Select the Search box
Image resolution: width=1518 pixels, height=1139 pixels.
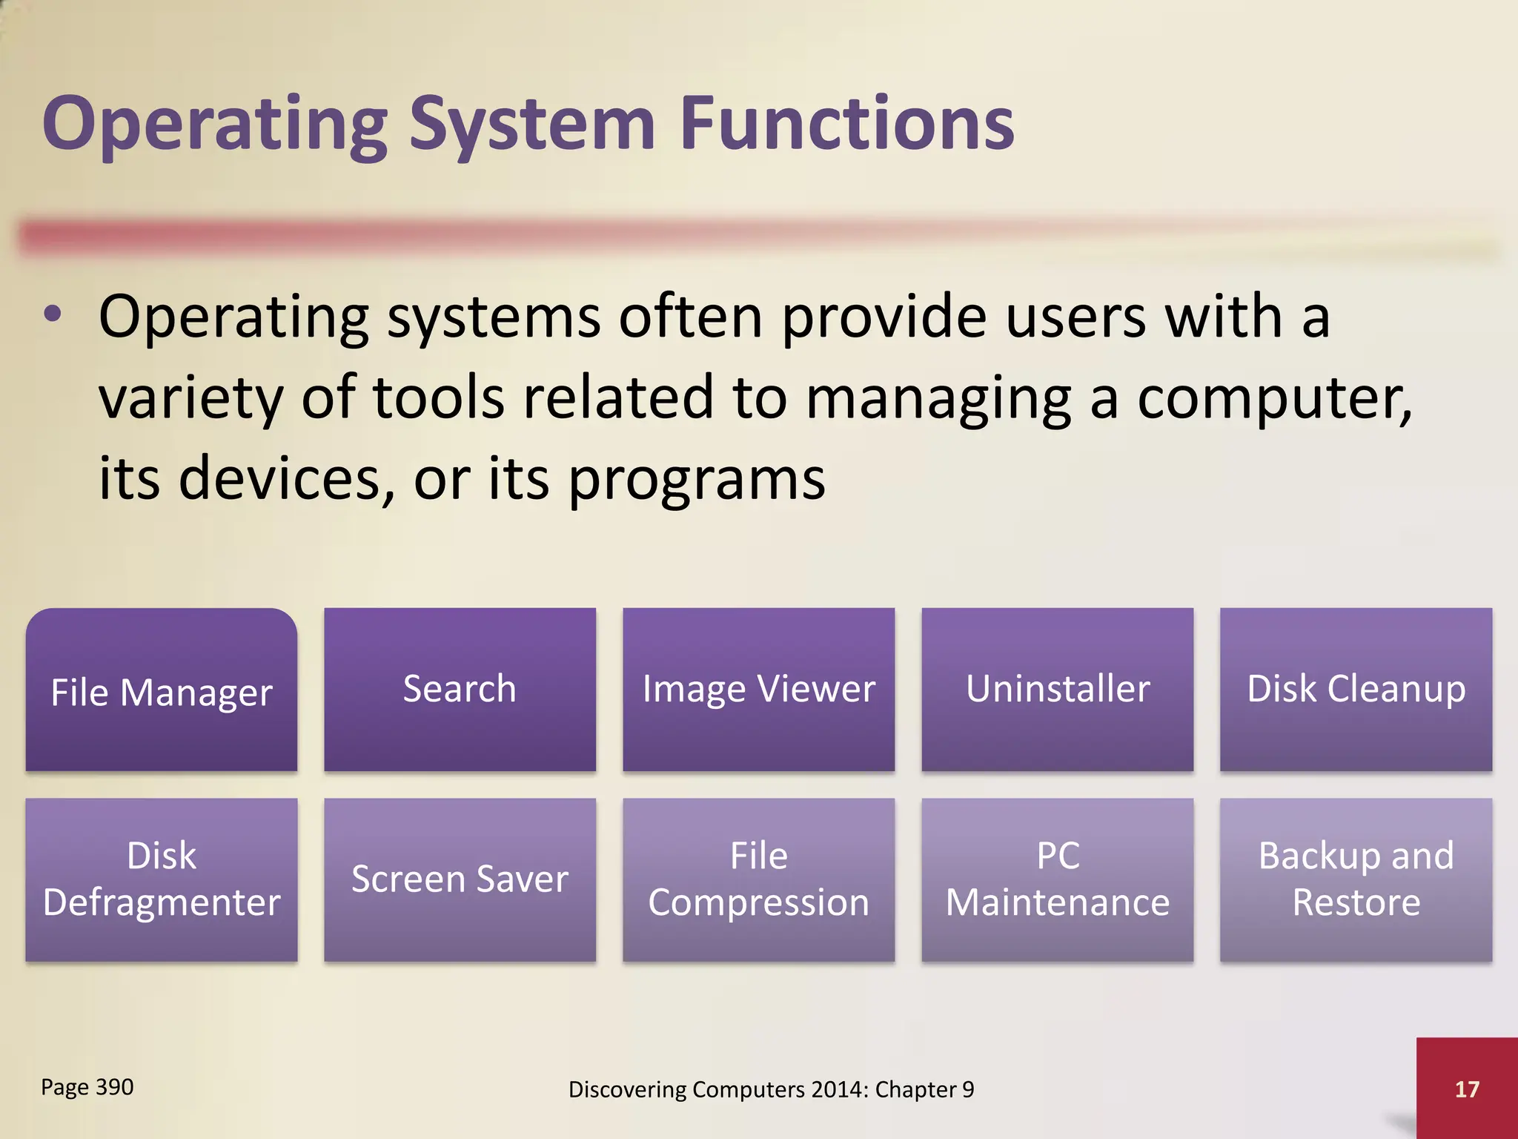(x=460, y=690)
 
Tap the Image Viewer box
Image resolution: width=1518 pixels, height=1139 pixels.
(x=758, y=690)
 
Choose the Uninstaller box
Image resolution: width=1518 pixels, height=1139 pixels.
(x=1057, y=690)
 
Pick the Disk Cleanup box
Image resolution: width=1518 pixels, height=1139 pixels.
(x=1356, y=690)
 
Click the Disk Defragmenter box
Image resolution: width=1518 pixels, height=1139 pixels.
(x=162, y=879)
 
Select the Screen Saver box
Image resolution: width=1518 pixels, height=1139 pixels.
(x=460, y=879)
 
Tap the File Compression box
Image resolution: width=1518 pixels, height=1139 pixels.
(x=758, y=879)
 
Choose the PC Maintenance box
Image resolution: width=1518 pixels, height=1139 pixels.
(x=1057, y=879)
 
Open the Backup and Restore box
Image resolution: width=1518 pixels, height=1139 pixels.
(x=1356, y=879)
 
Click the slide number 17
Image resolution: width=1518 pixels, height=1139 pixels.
(x=1467, y=1089)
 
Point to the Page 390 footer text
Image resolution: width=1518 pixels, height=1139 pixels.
(x=87, y=1087)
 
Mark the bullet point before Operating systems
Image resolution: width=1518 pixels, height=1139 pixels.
(x=53, y=316)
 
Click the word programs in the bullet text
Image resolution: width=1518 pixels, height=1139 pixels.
(x=697, y=479)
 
